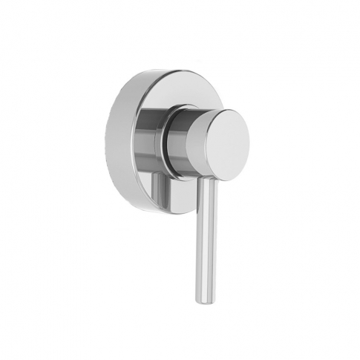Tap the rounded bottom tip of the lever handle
[203, 298]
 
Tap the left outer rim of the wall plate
[111, 141]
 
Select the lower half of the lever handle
[205, 271]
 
